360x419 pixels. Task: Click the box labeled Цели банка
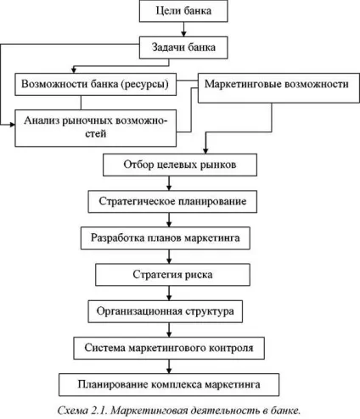pyautogui.click(x=183, y=11)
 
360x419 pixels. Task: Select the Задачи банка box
pyautogui.click(x=183, y=47)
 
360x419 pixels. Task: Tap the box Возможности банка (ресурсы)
pyautogui.click(x=96, y=84)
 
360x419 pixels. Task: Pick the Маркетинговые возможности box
pyautogui.click(x=278, y=88)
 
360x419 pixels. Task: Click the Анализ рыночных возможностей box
pyautogui.click(x=96, y=128)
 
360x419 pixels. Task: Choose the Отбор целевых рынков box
pyautogui.click(x=180, y=165)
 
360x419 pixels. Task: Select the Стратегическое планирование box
pyautogui.click(x=172, y=202)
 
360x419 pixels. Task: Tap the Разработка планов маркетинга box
pyautogui.click(x=166, y=238)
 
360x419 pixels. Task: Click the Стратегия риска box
pyautogui.click(x=172, y=275)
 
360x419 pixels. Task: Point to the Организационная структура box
pyautogui.click(x=166, y=311)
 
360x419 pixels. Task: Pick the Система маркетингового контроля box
pyautogui.click(x=169, y=348)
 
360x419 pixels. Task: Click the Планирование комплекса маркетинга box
pyautogui.click(x=169, y=385)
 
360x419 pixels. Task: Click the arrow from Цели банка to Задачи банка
pyautogui.click(x=183, y=30)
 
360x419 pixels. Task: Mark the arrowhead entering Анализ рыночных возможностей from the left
pyautogui.click(x=12, y=125)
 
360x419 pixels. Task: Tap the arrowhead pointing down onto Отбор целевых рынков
pyautogui.click(x=205, y=150)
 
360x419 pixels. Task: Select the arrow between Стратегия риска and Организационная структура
pyautogui.click(x=169, y=293)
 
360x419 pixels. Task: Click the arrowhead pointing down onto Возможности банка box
pyautogui.click(x=74, y=70)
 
